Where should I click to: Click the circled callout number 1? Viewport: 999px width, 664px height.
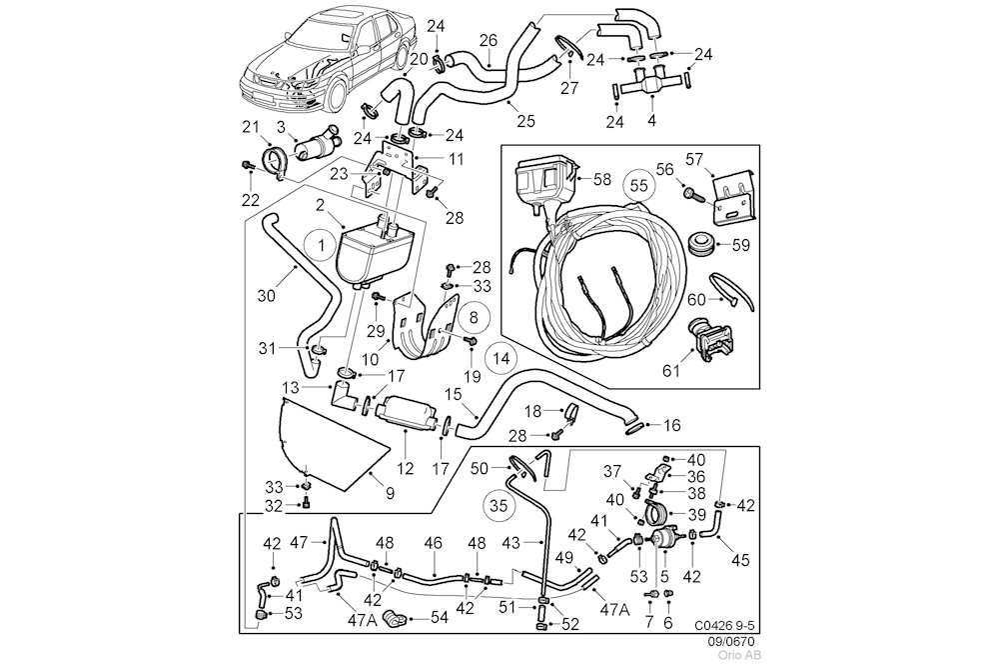pos(322,243)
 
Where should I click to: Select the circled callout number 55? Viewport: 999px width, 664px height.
pos(640,184)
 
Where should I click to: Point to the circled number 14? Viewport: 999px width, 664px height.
pos(502,357)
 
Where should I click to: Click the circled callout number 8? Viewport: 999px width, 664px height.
pos(474,318)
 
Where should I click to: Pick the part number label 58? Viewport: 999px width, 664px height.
pos(602,179)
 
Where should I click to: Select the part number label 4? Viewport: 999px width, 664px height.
pos(652,121)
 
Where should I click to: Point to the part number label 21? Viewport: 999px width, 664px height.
pos(250,125)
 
